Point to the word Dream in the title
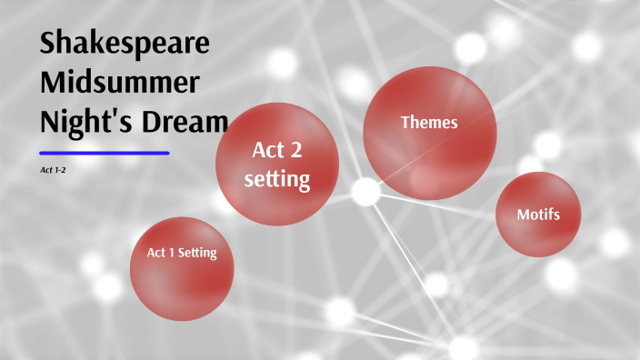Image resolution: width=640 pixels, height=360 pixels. tap(181, 121)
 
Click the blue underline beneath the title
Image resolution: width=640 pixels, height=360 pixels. tap(105, 153)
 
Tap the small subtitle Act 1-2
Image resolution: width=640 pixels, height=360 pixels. tap(53, 170)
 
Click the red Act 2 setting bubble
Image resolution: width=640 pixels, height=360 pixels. tap(277, 164)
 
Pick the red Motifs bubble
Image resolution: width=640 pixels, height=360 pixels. tap(538, 215)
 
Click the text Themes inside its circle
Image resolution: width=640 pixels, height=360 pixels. tap(430, 122)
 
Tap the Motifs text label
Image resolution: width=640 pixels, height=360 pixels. tap(538, 215)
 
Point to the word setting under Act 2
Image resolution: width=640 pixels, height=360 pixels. tap(277, 179)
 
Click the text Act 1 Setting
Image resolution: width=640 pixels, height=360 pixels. tap(182, 253)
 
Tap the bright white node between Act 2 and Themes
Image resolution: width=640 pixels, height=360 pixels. tap(365, 191)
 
